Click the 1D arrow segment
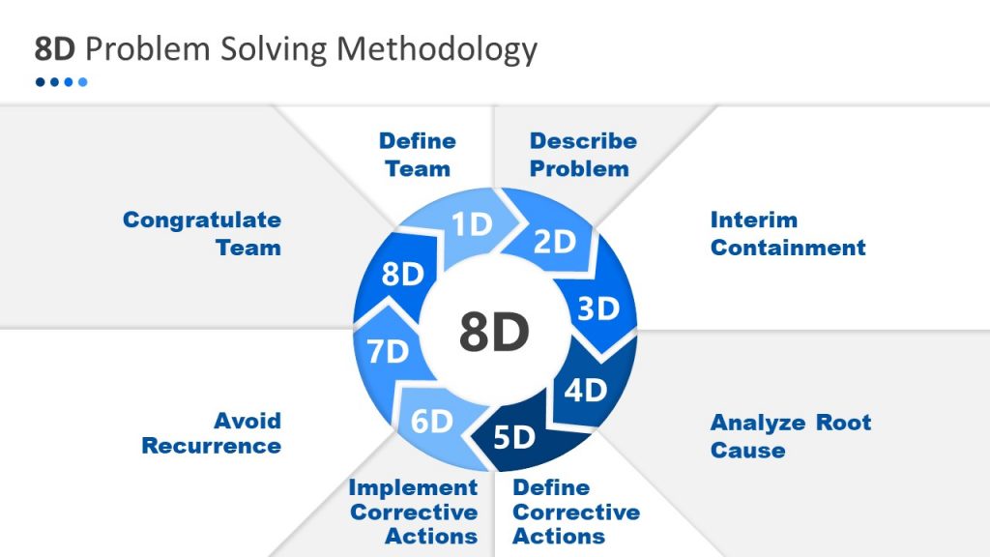(471, 225)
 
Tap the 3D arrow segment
(597, 308)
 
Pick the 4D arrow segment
(585, 390)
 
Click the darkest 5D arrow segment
(514, 437)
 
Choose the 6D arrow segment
(431, 422)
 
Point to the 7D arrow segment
(388, 351)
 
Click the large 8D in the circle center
(494, 333)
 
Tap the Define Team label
(418, 155)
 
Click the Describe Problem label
(582, 155)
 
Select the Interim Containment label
(787, 233)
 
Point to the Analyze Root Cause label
(790, 436)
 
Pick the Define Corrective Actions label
(575, 512)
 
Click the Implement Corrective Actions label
(414, 512)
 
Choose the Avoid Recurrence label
(212, 433)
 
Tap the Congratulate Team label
(202, 233)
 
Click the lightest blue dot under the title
(83, 82)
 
